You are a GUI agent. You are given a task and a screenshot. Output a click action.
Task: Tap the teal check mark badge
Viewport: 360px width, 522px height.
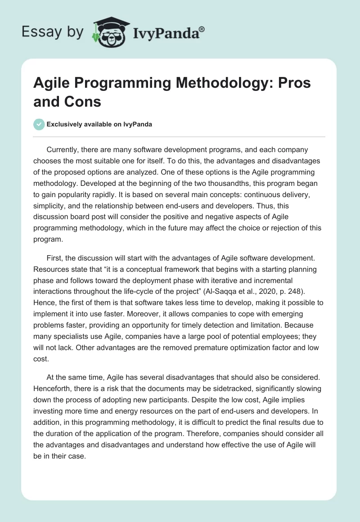[39, 124]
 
